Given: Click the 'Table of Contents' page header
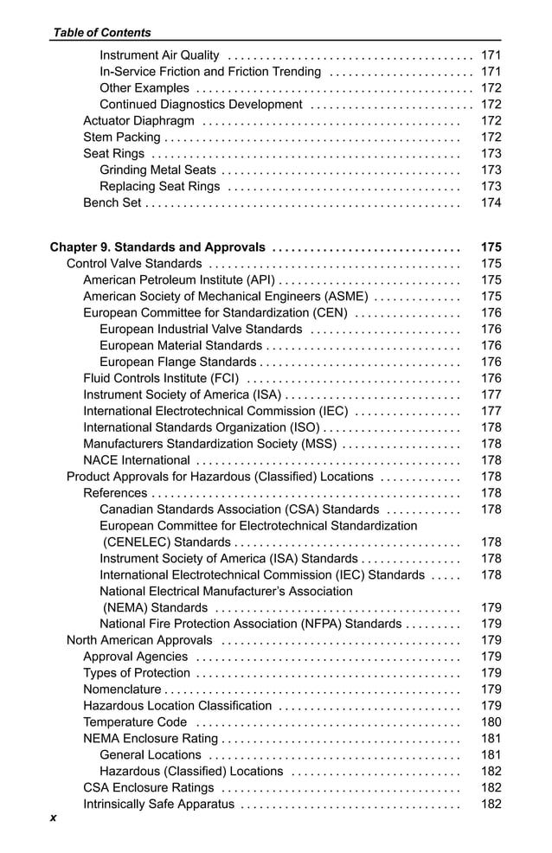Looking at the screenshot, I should [x=102, y=33].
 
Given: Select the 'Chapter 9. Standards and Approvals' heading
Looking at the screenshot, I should [x=157, y=247].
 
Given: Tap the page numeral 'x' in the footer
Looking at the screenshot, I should [x=53, y=818].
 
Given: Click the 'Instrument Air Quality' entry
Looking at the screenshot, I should [x=159, y=55].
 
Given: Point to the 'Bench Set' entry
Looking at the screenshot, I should [x=112, y=203].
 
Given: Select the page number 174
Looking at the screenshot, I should [x=491, y=203].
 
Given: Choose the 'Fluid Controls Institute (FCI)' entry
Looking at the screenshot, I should [x=161, y=378].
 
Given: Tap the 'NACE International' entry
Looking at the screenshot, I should [x=136, y=460].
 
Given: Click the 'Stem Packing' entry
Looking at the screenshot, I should [x=121, y=138].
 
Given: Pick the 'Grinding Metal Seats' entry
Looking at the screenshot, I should [x=157, y=170].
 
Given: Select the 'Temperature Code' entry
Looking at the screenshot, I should [x=134, y=722].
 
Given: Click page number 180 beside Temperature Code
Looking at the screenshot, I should [x=491, y=722].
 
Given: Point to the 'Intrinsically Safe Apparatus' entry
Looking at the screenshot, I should [x=158, y=805].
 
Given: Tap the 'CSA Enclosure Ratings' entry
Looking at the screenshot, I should [x=148, y=788].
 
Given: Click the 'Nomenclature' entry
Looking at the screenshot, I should [x=122, y=689].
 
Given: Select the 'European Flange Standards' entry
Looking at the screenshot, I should [x=177, y=362].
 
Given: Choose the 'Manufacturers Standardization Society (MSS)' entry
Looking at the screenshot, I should [x=209, y=444].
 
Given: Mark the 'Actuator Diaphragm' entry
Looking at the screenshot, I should [x=138, y=121].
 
